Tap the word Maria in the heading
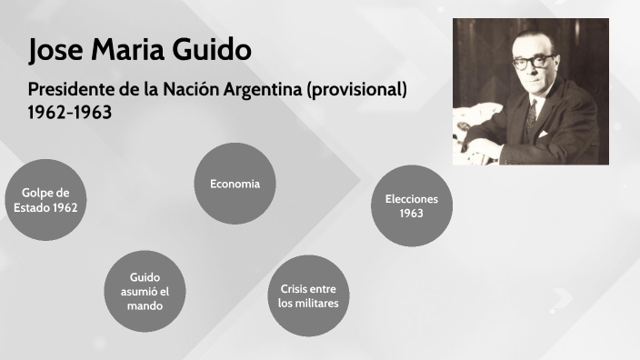pyautogui.click(x=129, y=51)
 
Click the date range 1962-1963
pyautogui.click(x=70, y=114)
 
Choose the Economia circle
pyautogui.click(x=235, y=184)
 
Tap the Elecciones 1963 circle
pyautogui.click(x=411, y=205)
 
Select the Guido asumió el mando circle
pyautogui.click(x=145, y=292)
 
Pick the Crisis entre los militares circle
pyautogui.click(x=308, y=295)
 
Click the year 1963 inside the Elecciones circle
pyautogui.click(x=411, y=214)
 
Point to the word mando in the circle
pyautogui.click(x=145, y=306)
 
